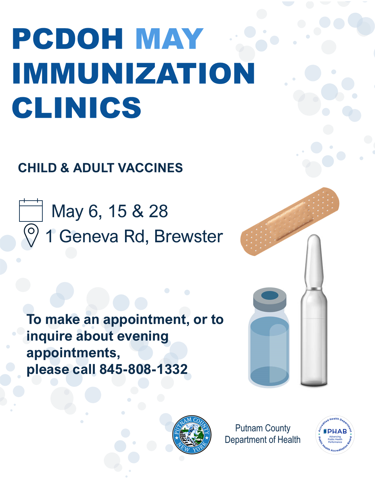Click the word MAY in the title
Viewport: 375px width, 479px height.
coord(169,39)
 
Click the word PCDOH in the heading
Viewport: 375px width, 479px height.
coord(67,39)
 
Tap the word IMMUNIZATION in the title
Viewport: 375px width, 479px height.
coord(134,73)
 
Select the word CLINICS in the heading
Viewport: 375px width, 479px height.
coord(76,108)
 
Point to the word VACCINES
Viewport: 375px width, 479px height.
coord(150,168)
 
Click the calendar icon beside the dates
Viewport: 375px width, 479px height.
coord(31,210)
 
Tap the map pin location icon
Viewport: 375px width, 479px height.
coord(31,235)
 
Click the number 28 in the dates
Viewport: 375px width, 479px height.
coord(158,211)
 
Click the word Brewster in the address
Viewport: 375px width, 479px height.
coord(189,236)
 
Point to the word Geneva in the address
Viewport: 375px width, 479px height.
coord(89,236)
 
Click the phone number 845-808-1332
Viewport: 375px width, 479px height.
coord(143,369)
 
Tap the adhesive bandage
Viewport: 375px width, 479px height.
coord(290,221)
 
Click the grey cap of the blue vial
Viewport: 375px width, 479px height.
coord(270,299)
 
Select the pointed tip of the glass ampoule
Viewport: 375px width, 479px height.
coord(314,236)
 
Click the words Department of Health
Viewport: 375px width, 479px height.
coord(262,439)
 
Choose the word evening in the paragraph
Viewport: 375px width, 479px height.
coord(143,336)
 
